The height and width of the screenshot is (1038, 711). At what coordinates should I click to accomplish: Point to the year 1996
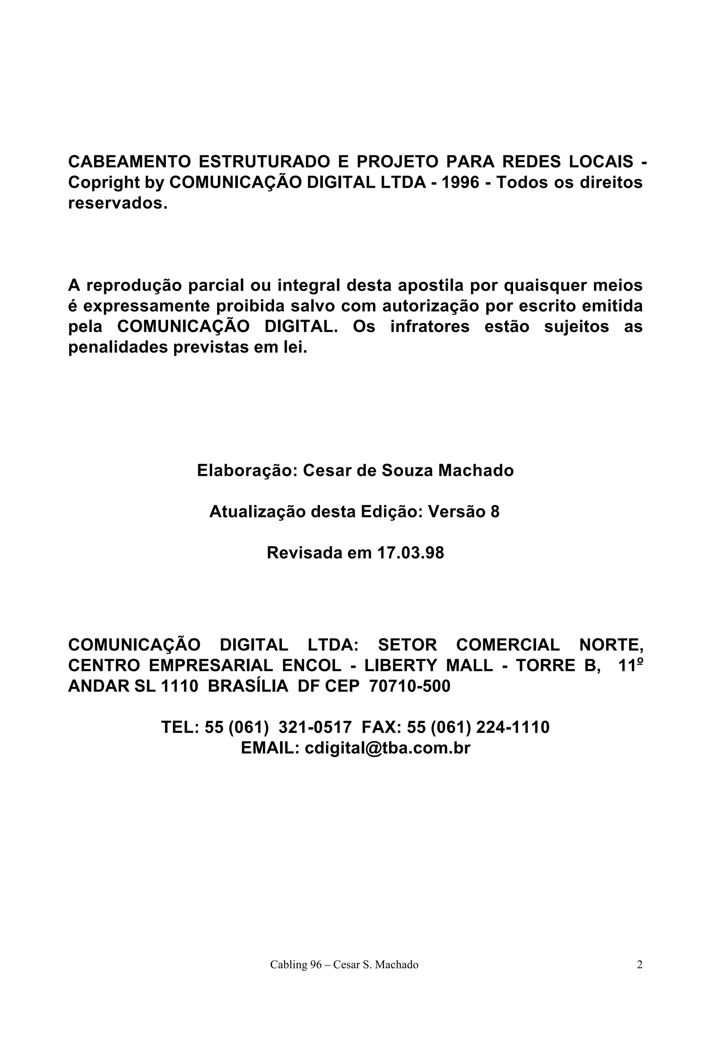tap(460, 182)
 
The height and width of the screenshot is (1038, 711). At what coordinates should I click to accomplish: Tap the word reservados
tap(117, 203)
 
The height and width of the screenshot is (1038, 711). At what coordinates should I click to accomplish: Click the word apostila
tap(430, 285)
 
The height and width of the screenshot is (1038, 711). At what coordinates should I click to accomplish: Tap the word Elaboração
tap(247, 470)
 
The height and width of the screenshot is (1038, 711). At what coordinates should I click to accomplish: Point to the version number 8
tap(494, 512)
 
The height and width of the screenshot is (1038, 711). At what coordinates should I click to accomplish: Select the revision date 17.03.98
tap(410, 553)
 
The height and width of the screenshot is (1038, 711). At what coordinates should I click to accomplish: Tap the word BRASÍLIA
tap(248, 686)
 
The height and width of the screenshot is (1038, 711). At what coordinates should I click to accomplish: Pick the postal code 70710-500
tap(410, 686)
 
